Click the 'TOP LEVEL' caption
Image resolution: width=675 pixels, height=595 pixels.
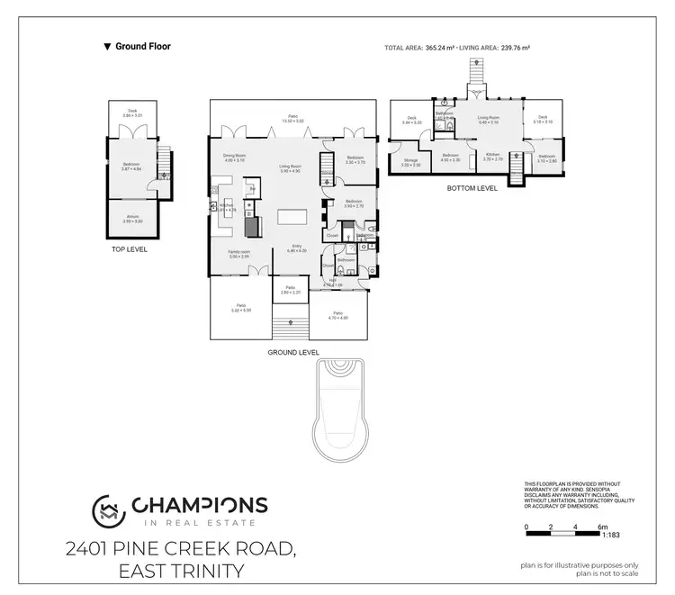pyautogui.click(x=129, y=249)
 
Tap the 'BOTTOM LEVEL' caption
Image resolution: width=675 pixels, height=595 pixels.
pyautogui.click(x=472, y=189)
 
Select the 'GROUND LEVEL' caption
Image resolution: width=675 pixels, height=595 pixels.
pyautogui.click(x=293, y=352)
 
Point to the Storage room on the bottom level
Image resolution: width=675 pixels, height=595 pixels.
pyautogui.click(x=410, y=163)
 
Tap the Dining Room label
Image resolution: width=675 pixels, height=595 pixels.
pyautogui.click(x=235, y=158)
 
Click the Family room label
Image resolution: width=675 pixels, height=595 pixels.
pyautogui.click(x=238, y=254)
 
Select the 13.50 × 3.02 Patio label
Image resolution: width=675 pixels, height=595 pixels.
pyautogui.click(x=292, y=118)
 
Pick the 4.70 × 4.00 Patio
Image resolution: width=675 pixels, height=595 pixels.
pyautogui.click(x=337, y=314)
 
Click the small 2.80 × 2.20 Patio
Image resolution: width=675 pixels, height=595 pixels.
pyautogui.click(x=291, y=290)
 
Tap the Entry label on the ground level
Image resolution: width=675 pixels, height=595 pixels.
pyautogui.click(x=297, y=248)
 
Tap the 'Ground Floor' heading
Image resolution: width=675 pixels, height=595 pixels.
pyautogui.click(x=143, y=46)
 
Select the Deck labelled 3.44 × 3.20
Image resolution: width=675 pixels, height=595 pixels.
pyautogui.click(x=412, y=120)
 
